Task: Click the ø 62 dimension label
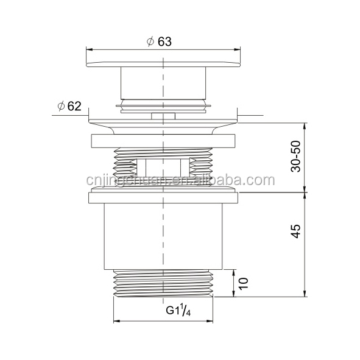click(x=69, y=107)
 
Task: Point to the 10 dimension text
click(x=242, y=283)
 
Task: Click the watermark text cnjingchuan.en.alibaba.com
click(x=177, y=181)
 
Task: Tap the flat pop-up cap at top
click(x=163, y=63)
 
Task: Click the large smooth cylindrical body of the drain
click(x=163, y=238)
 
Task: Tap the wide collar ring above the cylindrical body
click(x=163, y=197)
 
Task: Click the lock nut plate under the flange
click(x=163, y=141)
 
